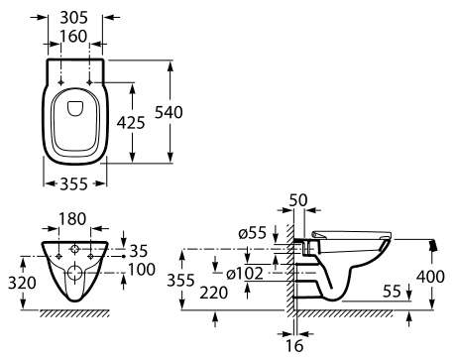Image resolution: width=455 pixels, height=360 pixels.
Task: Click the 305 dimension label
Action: [73, 17]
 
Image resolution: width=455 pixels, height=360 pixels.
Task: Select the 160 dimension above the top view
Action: [73, 36]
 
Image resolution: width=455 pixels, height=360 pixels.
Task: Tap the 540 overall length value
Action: [169, 112]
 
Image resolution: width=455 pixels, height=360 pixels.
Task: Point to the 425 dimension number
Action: [131, 123]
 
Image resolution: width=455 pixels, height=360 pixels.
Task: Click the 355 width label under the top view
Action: [73, 183]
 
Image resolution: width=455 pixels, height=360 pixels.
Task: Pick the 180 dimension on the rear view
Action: [72, 219]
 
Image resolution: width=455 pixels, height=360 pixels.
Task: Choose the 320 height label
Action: [22, 283]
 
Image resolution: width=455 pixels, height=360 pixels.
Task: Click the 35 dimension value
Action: [138, 251]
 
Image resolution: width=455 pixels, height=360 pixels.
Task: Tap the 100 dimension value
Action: [142, 270]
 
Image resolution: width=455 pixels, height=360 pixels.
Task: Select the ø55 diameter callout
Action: [252, 233]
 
